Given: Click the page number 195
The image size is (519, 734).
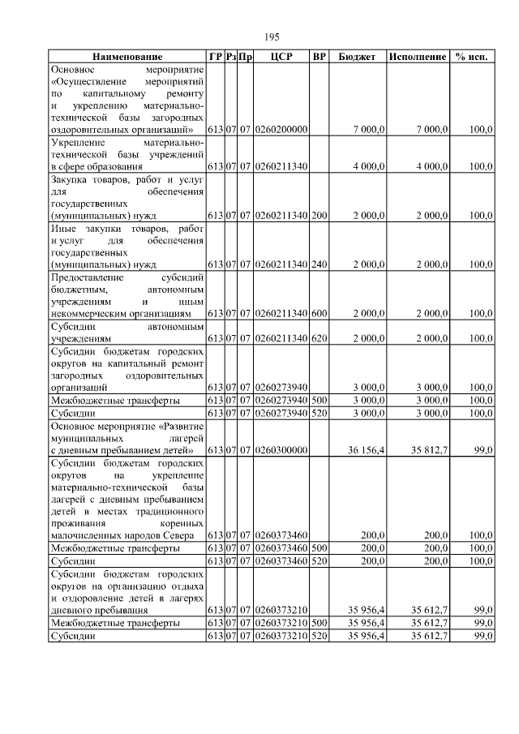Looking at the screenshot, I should point(272,37).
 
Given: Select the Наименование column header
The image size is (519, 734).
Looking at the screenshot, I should point(127,58).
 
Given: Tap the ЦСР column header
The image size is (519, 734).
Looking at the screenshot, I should point(281,58).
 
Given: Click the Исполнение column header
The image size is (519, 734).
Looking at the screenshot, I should point(418,58).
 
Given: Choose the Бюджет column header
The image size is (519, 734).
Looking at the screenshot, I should point(357,58).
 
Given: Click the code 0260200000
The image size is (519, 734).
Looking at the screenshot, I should point(281,129).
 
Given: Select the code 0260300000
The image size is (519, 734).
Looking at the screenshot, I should point(281,450).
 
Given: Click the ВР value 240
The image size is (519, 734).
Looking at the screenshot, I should point(320,264).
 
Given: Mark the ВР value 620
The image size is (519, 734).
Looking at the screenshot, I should point(320,338).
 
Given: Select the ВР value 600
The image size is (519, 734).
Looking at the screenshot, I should point(320,313).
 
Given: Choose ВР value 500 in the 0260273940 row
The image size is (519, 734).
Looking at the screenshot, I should point(320,400).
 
